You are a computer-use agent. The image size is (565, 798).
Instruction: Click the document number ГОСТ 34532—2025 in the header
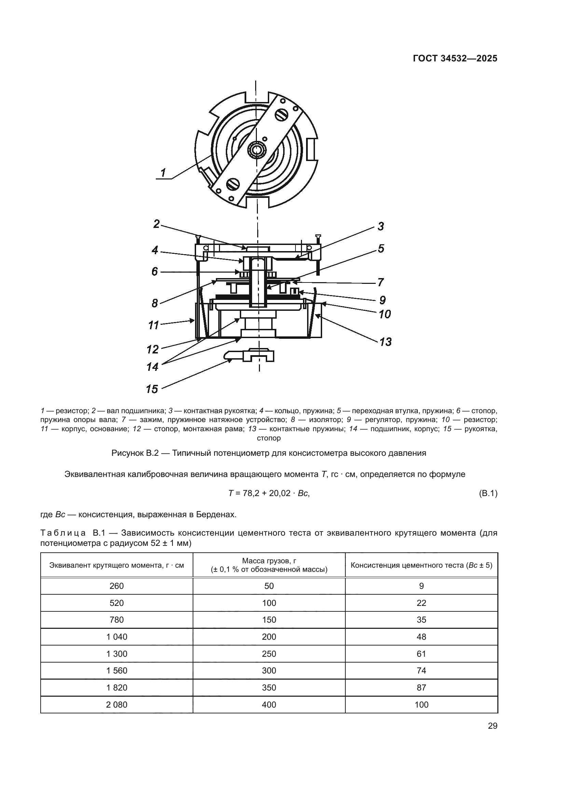pos(455,59)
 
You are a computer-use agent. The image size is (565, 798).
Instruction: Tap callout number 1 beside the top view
pos(163,172)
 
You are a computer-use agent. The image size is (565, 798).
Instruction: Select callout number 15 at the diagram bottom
pos(152,389)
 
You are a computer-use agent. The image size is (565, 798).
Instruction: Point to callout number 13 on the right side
pos(385,342)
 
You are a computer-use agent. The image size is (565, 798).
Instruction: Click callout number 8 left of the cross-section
pos(155,303)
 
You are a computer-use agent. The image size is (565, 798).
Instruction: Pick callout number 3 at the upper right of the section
pos(381,226)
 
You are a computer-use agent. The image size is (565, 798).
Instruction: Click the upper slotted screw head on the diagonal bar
pos(281,115)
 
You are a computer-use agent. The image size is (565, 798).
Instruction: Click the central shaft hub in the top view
pos(257,150)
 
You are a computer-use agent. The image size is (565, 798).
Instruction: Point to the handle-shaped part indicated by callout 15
pos(249,356)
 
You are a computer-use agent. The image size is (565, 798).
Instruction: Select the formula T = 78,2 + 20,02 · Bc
pos(269,493)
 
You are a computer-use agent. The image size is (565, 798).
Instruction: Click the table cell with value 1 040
pos(116,637)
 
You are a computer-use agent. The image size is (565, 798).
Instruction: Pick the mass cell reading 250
pos(269,654)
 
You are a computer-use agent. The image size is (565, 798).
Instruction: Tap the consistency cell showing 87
pos(421,687)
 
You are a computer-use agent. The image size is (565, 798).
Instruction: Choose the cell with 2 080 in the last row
pos(116,705)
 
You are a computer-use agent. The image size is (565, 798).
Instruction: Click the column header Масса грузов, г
pos(269,561)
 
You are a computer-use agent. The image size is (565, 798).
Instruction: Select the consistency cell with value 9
pos(421,586)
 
